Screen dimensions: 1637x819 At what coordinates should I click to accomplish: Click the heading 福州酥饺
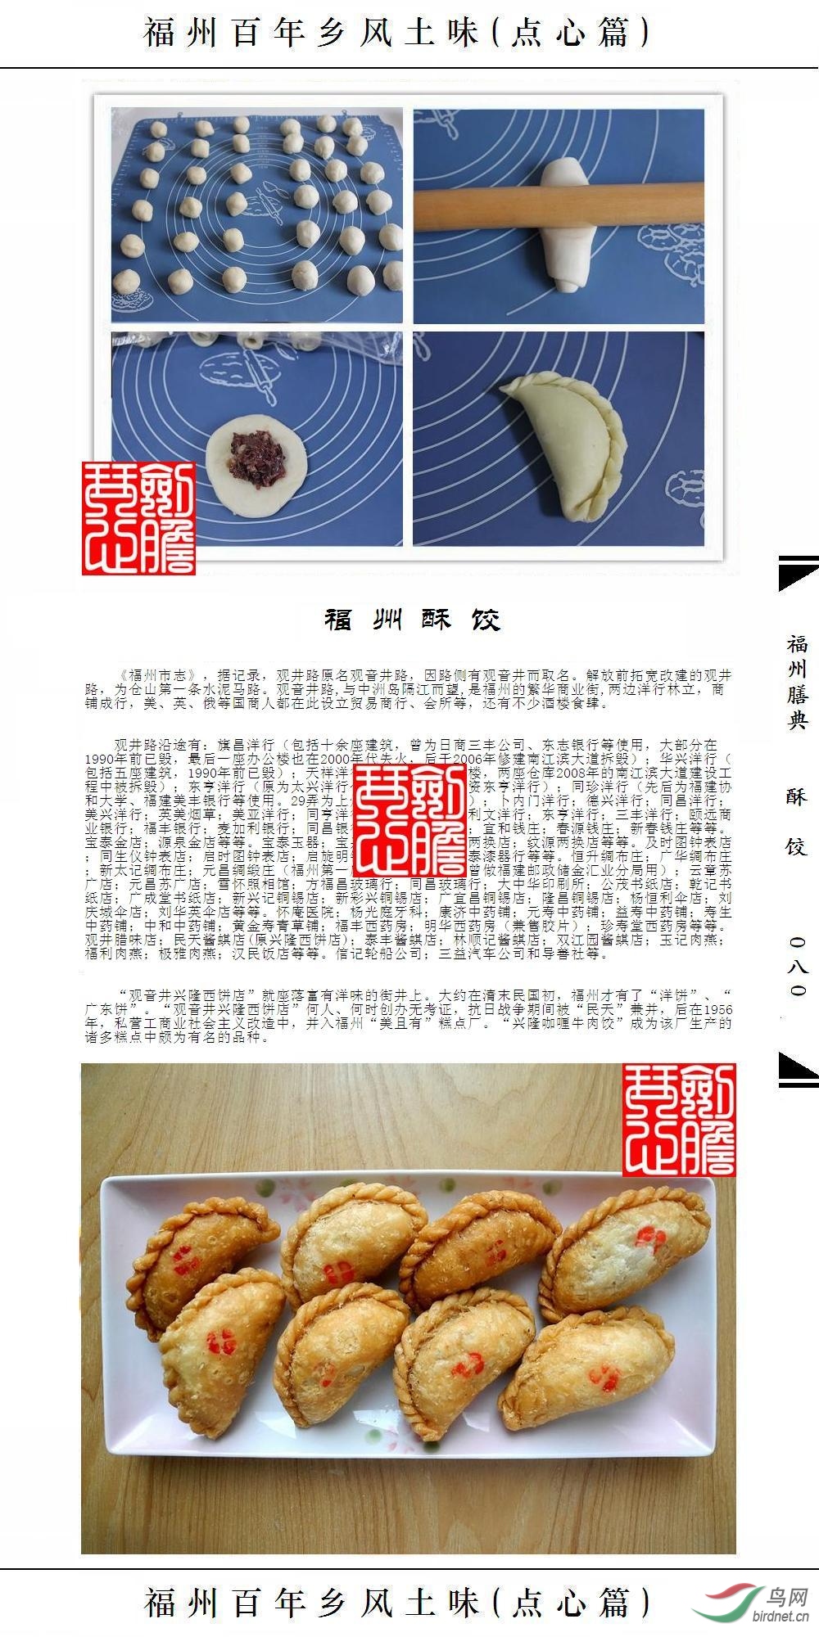point(412,620)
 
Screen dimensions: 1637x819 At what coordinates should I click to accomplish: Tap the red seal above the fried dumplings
point(679,1120)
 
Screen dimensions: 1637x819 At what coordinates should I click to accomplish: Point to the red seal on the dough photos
point(138,518)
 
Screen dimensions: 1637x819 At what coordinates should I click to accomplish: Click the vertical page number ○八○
point(798,967)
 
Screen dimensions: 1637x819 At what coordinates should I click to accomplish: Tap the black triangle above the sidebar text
point(796,573)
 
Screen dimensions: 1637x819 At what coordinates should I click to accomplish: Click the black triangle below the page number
point(796,1067)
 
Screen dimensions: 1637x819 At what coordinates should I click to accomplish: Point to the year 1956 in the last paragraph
point(717,1010)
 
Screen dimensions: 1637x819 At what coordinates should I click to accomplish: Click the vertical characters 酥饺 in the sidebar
point(797,821)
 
